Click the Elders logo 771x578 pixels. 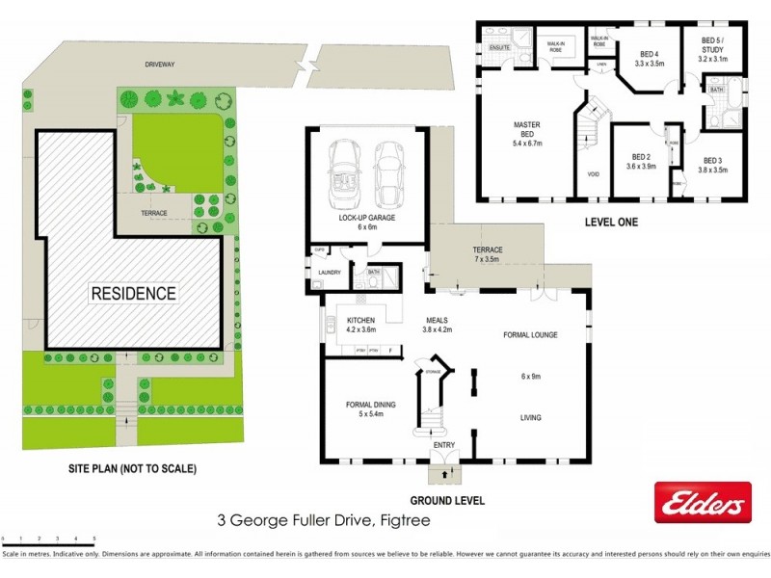(703, 504)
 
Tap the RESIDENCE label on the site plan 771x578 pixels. (134, 293)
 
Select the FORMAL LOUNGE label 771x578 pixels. (530, 335)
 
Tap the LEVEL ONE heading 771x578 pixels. (611, 222)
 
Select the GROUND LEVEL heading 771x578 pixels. (447, 501)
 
